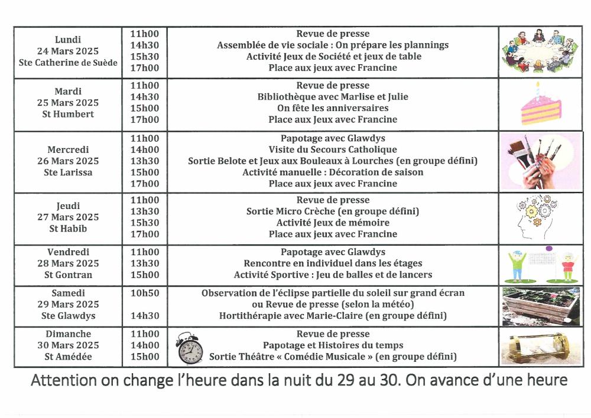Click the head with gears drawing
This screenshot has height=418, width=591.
tap(535, 217)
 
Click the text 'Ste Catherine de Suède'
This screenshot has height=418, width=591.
tap(68, 63)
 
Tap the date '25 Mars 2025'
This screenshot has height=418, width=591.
tap(68, 103)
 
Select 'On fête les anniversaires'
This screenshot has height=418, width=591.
tap(333, 108)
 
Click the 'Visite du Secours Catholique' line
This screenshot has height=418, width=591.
tap(333, 149)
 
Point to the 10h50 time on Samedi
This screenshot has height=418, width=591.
tap(145, 293)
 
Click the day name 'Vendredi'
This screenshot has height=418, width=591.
tap(68, 252)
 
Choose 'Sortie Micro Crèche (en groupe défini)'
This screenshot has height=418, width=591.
tap(333, 211)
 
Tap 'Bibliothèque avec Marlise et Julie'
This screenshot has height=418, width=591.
tap(333, 97)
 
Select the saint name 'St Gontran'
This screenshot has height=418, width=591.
tap(68, 275)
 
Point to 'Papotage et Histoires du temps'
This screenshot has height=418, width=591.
tap(333, 345)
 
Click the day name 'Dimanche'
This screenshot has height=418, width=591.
tap(68, 334)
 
